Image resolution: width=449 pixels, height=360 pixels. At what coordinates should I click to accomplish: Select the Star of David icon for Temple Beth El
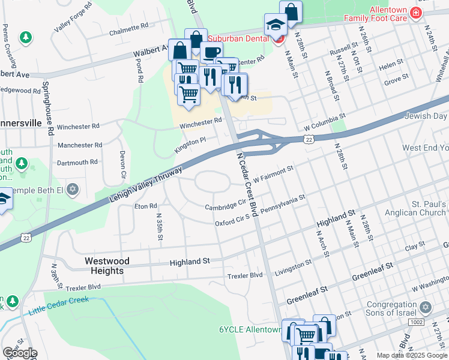pyautogui.click(x=73, y=190)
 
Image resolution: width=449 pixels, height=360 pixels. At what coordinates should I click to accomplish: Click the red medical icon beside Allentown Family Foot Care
pyautogui.click(x=414, y=13)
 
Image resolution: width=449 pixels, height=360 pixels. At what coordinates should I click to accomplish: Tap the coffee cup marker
pyautogui.click(x=211, y=52)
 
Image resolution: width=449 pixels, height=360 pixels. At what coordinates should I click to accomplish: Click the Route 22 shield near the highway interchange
pyautogui.click(x=309, y=139)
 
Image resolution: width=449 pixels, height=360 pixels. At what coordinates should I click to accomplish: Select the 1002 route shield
pyautogui.click(x=433, y=322)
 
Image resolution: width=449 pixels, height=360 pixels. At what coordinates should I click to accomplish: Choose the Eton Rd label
pyautogui.click(x=145, y=206)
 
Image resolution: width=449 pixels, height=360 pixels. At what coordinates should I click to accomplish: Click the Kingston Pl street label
pyautogui.click(x=190, y=145)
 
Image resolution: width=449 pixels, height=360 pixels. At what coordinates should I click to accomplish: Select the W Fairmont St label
pyautogui.click(x=273, y=173)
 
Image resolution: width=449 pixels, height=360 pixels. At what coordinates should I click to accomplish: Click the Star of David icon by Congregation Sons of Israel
pyautogui.click(x=426, y=307)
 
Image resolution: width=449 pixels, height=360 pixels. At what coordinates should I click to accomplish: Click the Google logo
pyautogui.click(x=20, y=353)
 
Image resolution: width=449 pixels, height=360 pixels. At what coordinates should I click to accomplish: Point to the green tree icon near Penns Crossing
pyautogui.click(x=25, y=38)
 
